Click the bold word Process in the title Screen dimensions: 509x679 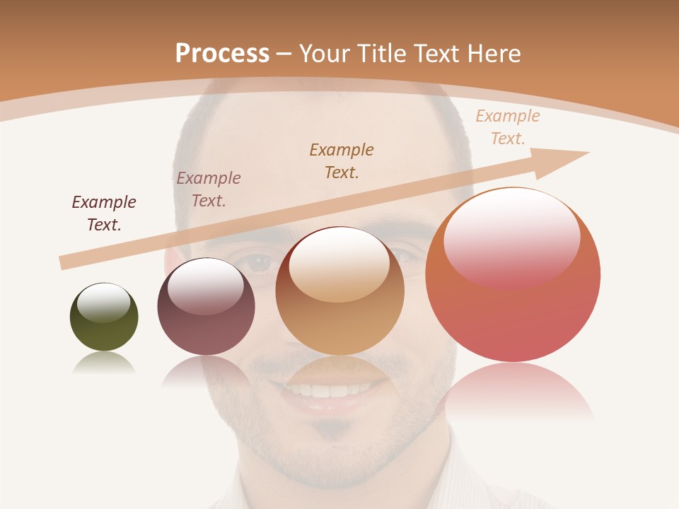[222, 54]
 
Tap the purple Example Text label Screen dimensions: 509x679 [209, 189]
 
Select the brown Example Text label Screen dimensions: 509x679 [342, 160]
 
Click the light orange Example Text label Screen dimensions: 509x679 [508, 127]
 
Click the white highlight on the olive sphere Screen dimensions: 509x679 [103, 302]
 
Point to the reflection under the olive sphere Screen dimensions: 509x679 [104, 363]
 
